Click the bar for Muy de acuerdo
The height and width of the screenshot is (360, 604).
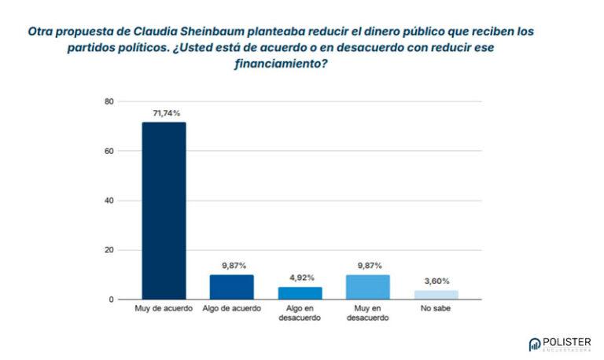point(164,211)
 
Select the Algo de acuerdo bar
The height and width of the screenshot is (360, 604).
point(232,287)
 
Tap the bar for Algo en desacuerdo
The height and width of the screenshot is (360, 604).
point(300,293)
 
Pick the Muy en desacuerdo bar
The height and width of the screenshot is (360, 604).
point(368,287)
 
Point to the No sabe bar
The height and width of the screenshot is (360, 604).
point(436,295)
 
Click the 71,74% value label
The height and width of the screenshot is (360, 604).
point(164,114)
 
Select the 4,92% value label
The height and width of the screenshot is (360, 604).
point(300,278)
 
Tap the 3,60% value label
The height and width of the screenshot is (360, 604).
point(436,281)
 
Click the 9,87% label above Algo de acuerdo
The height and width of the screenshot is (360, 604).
point(232,266)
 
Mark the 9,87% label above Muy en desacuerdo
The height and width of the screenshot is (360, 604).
point(368,266)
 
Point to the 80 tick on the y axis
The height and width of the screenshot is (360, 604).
point(109,101)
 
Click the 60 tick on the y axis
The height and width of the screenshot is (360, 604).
point(109,151)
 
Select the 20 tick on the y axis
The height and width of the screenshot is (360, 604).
point(109,250)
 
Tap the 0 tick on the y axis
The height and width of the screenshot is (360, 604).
point(112,299)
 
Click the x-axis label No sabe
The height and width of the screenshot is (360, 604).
point(436,309)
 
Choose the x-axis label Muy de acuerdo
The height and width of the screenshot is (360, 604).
point(164,309)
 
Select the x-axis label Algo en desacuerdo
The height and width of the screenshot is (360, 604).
point(300,314)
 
